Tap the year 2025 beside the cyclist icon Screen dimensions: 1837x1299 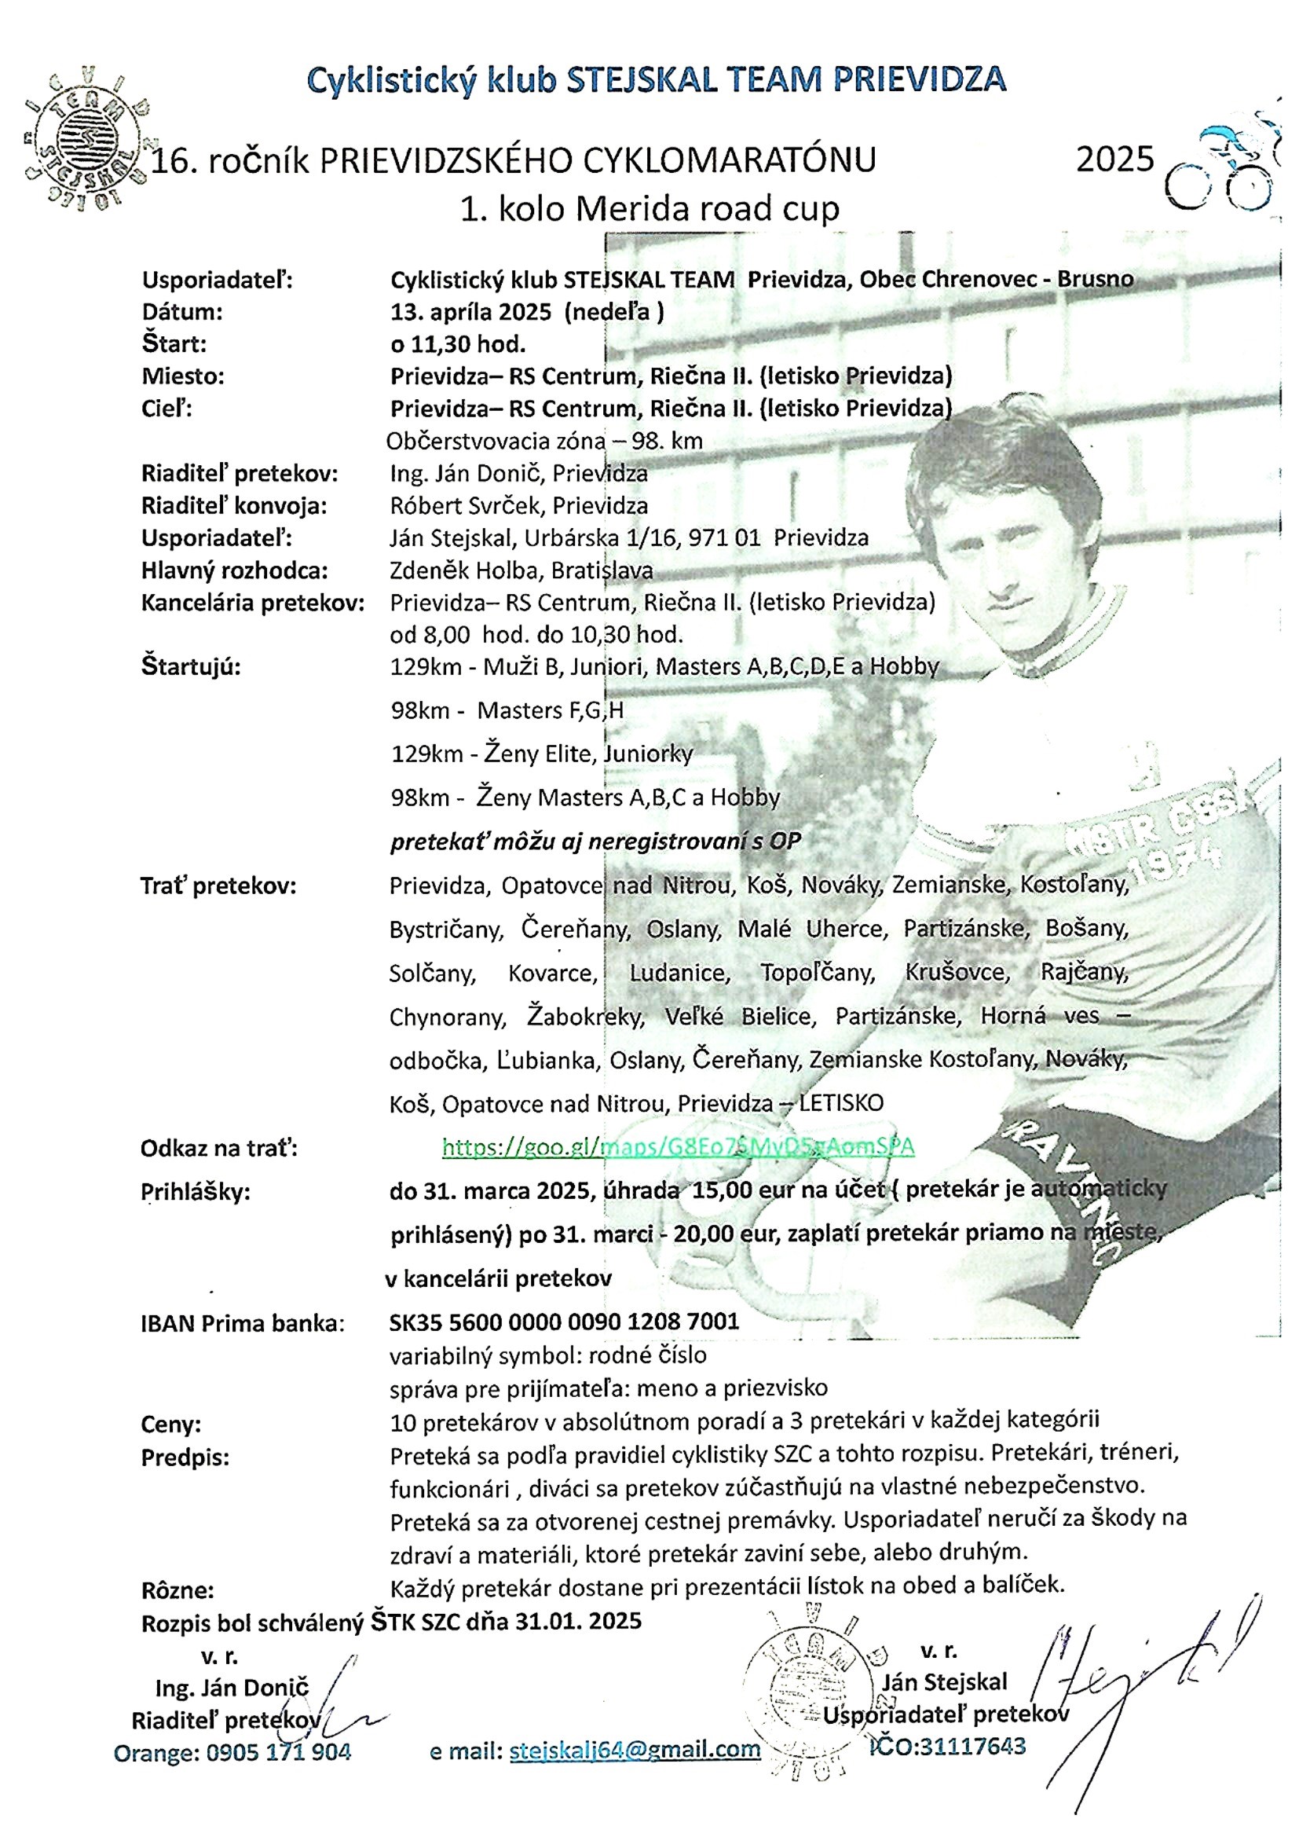tap(1114, 159)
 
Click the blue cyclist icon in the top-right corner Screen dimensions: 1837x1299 tap(1224, 165)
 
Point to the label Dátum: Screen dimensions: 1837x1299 tap(182, 312)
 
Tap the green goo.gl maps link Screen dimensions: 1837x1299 tap(678, 1146)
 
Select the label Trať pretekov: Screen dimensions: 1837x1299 tap(218, 886)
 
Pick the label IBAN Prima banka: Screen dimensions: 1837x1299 tap(243, 1323)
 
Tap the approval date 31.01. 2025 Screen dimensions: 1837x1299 tap(577, 1621)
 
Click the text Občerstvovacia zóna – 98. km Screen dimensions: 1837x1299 tap(544, 441)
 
